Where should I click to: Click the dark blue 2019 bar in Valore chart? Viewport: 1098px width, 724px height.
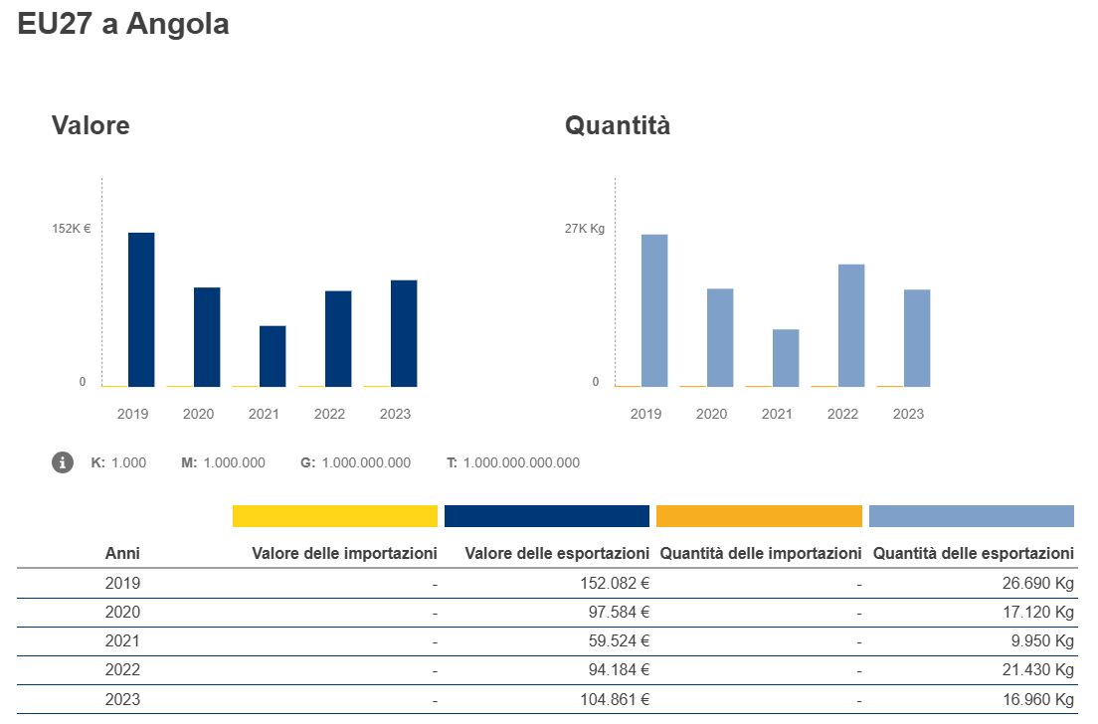pyautogui.click(x=141, y=309)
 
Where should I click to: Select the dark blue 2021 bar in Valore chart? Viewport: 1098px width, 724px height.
pyautogui.click(x=273, y=356)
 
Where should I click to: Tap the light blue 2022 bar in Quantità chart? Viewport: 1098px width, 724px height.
pyautogui.click(x=851, y=325)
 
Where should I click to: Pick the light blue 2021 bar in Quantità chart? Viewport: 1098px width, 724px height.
pyautogui.click(x=786, y=358)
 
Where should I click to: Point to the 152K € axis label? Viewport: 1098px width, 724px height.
pyautogui.click(x=72, y=229)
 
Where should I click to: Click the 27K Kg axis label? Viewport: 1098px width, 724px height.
pyautogui.click(x=585, y=229)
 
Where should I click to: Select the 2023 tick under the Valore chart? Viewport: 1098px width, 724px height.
pyautogui.click(x=395, y=414)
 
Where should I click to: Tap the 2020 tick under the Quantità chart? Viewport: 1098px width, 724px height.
pyautogui.click(x=711, y=414)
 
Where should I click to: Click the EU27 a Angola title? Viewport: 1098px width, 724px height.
pyautogui.click(x=123, y=25)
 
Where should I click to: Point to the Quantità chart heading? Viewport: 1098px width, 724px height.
pyautogui.click(x=618, y=126)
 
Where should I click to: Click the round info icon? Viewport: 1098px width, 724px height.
pyautogui.click(x=63, y=462)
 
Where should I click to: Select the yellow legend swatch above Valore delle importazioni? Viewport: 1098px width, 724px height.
pyautogui.click(x=335, y=516)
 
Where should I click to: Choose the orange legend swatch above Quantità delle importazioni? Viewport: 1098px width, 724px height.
pyautogui.click(x=759, y=516)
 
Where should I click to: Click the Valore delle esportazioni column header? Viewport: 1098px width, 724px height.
pyautogui.click(x=557, y=553)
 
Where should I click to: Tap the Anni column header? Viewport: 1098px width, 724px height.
pyautogui.click(x=122, y=553)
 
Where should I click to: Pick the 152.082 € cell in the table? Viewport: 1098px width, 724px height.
pyautogui.click(x=615, y=583)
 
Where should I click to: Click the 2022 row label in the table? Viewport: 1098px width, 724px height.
pyautogui.click(x=122, y=670)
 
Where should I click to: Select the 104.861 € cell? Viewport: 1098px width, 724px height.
pyautogui.click(x=615, y=700)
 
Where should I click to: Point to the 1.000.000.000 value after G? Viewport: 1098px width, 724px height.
pyautogui.click(x=366, y=462)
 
